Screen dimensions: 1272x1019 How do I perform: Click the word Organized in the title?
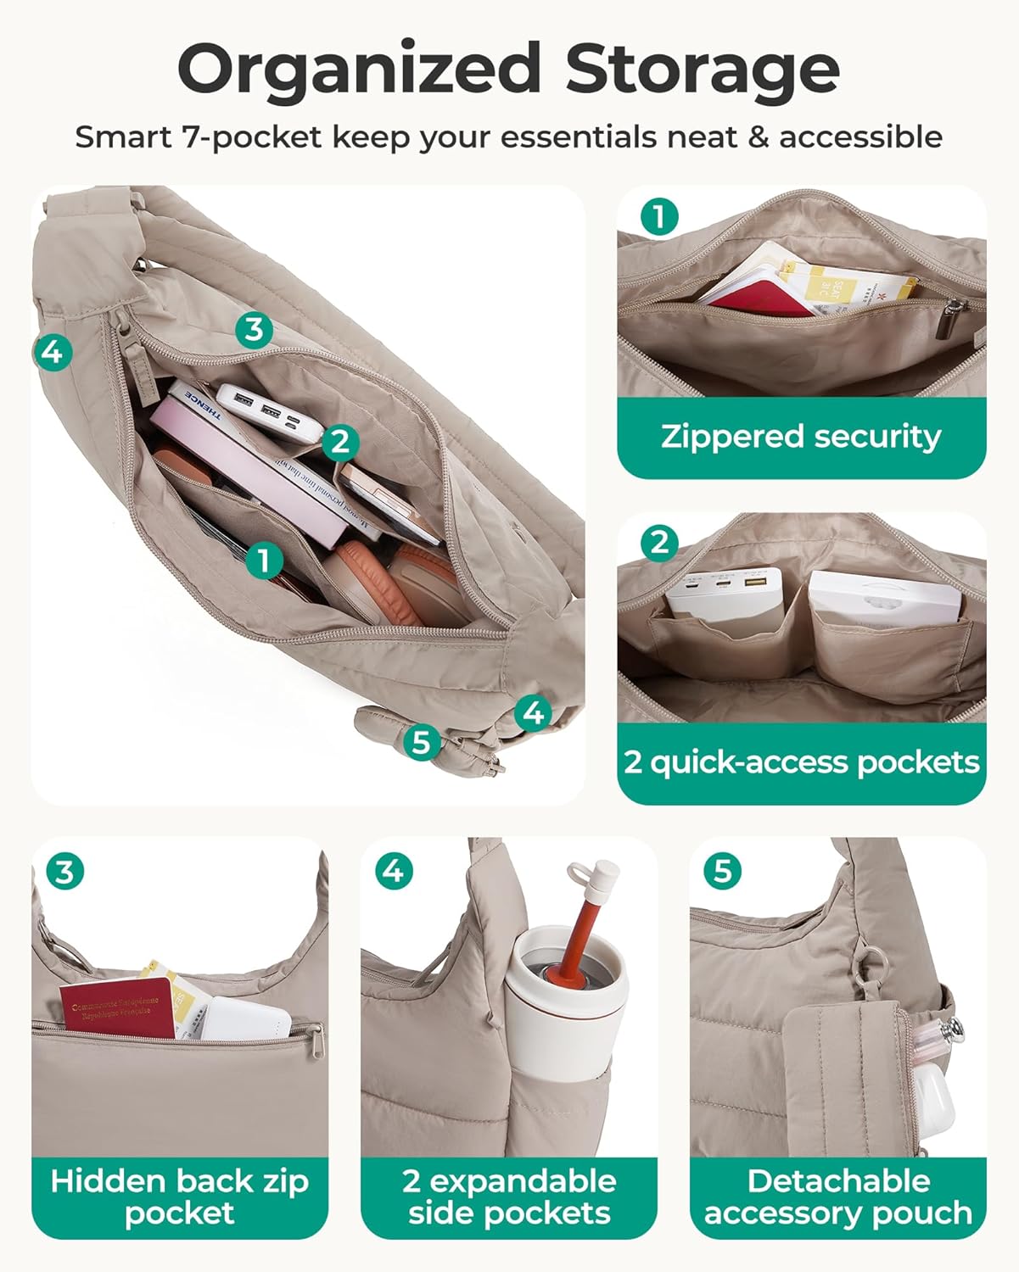pyautogui.click(x=359, y=70)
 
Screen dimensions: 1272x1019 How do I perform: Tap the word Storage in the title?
pyautogui.click(x=703, y=70)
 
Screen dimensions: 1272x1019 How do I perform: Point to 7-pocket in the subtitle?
pyautogui.click(x=251, y=137)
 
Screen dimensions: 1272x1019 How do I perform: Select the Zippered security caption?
pyautogui.click(x=801, y=437)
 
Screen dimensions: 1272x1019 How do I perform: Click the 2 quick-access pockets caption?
pyautogui.click(x=801, y=762)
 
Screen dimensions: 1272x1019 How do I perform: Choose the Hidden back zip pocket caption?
pyautogui.click(x=179, y=1197)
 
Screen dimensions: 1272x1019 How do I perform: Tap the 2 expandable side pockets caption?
pyautogui.click(x=509, y=1197)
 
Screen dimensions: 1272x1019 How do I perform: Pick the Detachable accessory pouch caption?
pyautogui.click(x=838, y=1197)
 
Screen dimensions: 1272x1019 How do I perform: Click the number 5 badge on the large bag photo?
pyautogui.click(x=421, y=742)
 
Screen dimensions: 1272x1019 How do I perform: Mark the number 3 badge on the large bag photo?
pyautogui.click(x=253, y=329)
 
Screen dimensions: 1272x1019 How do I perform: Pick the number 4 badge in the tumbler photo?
pyautogui.click(x=394, y=871)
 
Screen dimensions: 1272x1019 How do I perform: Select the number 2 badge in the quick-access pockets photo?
pyautogui.click(x=659, y=543)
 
